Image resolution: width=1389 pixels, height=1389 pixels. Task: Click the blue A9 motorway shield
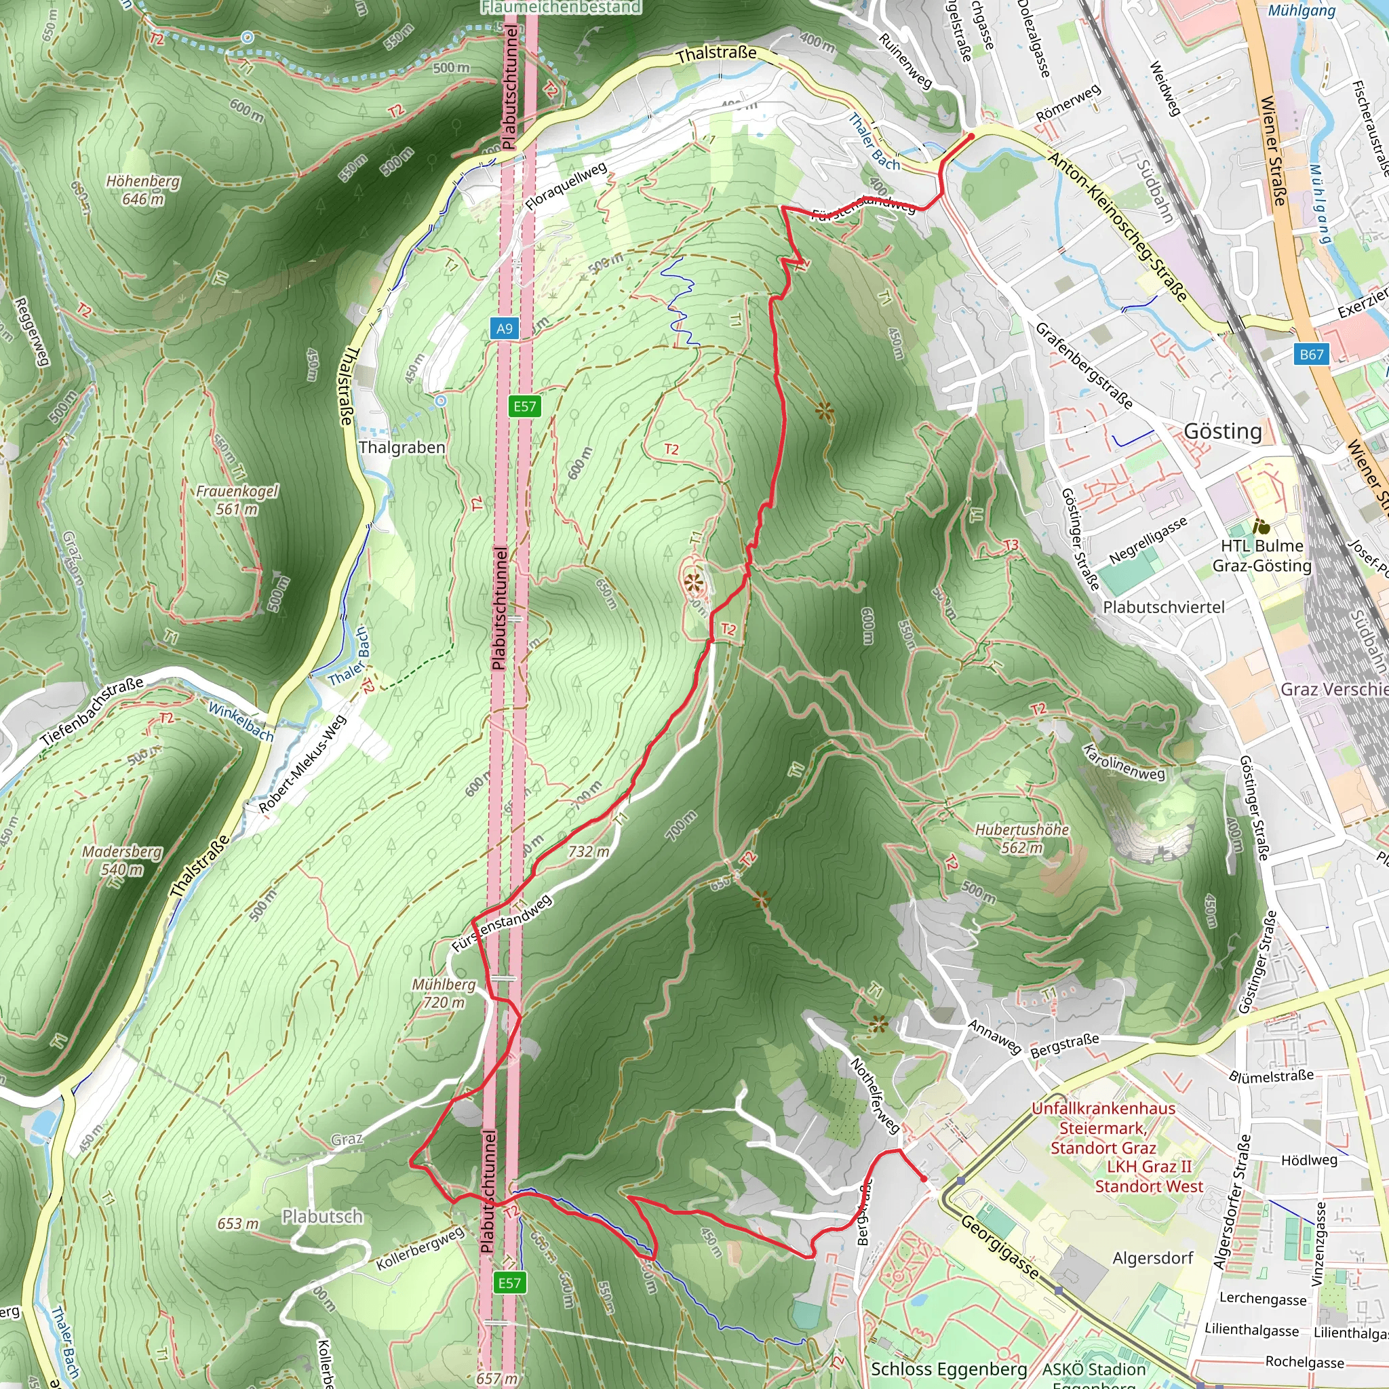click(505, 328)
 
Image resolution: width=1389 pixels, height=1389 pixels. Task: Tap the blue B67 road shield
click(1312, 354)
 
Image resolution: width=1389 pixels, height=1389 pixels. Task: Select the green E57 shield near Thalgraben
click(524, 406)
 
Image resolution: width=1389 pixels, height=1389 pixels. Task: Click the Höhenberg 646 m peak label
click(143, 190)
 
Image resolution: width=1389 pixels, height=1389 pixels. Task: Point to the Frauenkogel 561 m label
click(237, 500)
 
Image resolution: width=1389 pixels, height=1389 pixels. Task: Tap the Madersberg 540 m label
click(122, 861)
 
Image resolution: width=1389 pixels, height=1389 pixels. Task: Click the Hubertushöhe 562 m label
click(1021, 838)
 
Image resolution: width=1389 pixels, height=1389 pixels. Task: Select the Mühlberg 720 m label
click(444, 993)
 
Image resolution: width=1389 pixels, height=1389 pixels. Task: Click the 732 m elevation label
click(589, 851)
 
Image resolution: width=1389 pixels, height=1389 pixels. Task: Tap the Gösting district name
click(1222, 431)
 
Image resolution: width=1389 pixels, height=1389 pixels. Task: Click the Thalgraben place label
click(402, 447)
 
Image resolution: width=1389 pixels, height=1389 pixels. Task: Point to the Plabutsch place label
click(322, 1217)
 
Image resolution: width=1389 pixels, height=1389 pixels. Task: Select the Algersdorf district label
click(1152, 1258)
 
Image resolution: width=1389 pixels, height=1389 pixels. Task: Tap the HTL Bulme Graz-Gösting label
click(1261, 555)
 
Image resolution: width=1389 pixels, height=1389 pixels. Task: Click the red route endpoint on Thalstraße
click(971, 135)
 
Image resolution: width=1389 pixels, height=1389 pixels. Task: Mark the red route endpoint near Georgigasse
click(924, 1179)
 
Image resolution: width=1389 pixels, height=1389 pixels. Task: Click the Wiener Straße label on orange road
click(1272, 151)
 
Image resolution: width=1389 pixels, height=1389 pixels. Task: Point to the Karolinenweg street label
click(1124, 762)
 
